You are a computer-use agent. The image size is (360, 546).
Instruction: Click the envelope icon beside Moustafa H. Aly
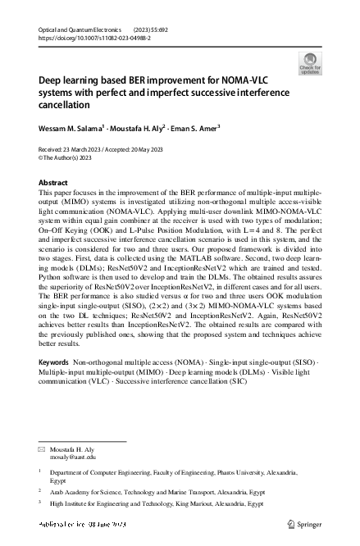pos(42,449)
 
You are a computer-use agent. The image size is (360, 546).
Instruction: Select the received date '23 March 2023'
pos(75,150)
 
